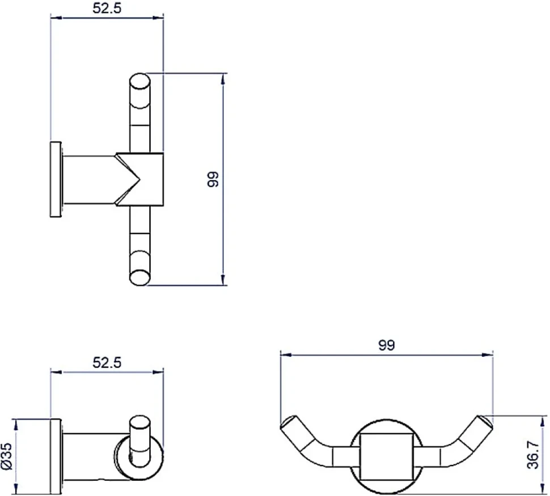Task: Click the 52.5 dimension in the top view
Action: (x=107, y=8)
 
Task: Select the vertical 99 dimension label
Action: (x=213, y=179)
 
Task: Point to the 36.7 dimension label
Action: (x=533, y=455)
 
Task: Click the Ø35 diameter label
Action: (x=7, y=456)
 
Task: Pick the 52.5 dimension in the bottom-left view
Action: (x=107, y=362)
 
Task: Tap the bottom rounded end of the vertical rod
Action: (x=140, y=277)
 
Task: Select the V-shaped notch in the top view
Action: (x=128, y=179)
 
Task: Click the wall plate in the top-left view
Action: (x=56, y=179)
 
